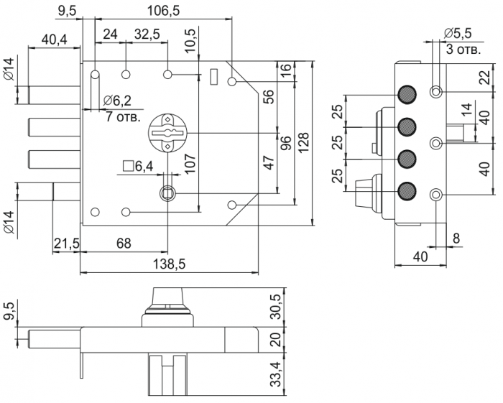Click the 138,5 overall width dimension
(x=170, y=264)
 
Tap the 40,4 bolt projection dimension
(x=55, y=40)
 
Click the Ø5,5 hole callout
(x=457, y=34)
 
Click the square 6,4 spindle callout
(x=139, y=167)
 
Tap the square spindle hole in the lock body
(x=167, y=192)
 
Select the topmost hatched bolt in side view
(x=408, y=94)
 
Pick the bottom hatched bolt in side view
(x=408, y=191)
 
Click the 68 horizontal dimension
(x=124, y=244)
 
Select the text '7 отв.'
(x=122, y=116)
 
